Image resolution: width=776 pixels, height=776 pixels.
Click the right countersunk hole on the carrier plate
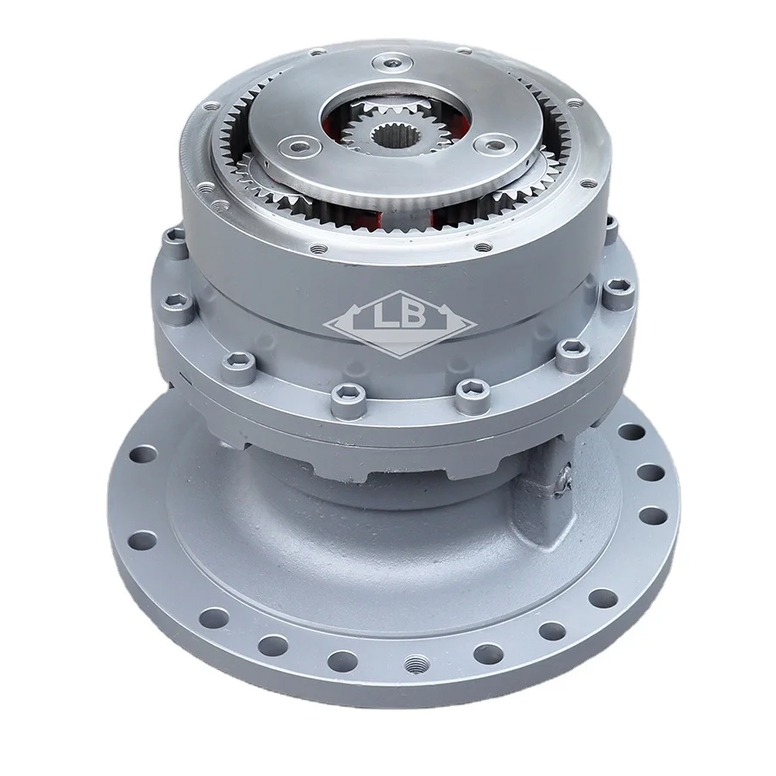(x=494, y=144)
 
